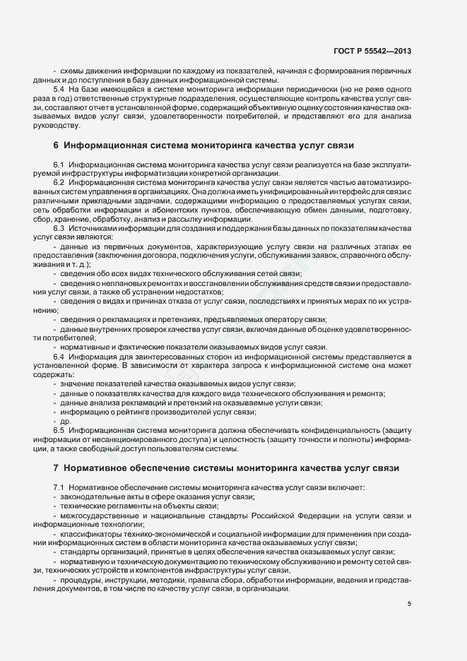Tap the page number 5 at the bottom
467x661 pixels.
[x=410, y=603]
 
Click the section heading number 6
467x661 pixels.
[x=56, y=146]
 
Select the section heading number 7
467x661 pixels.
[x=56, y=468]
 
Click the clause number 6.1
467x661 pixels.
[x=59, y=165]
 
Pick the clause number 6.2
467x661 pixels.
[x=59, y=183]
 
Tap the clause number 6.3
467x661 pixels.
[x=59, y=229]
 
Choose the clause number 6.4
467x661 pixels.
[x=59, y=357]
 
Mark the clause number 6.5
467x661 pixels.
[x=59, y=430]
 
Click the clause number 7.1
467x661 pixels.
[x=59, y=489]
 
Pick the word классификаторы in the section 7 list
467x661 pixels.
[x=90, y=535]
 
